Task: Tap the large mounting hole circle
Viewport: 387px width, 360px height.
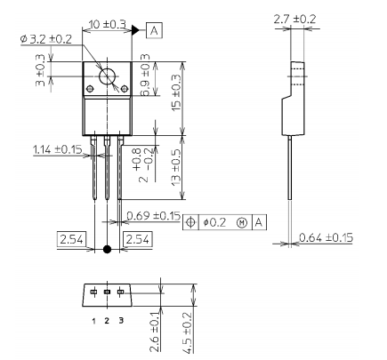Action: (109, 77)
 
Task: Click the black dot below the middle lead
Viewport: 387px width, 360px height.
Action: (109, 250)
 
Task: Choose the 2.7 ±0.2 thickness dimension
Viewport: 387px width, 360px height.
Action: (298, 17)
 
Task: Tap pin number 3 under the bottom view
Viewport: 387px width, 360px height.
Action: (121, 319)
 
